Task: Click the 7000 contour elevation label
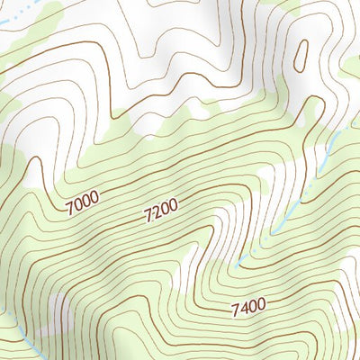82,202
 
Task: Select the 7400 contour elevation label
247,309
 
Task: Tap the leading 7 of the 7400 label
234,311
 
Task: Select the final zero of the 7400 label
261,306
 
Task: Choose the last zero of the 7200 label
174,206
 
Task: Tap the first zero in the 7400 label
252,308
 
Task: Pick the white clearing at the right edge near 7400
346,297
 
